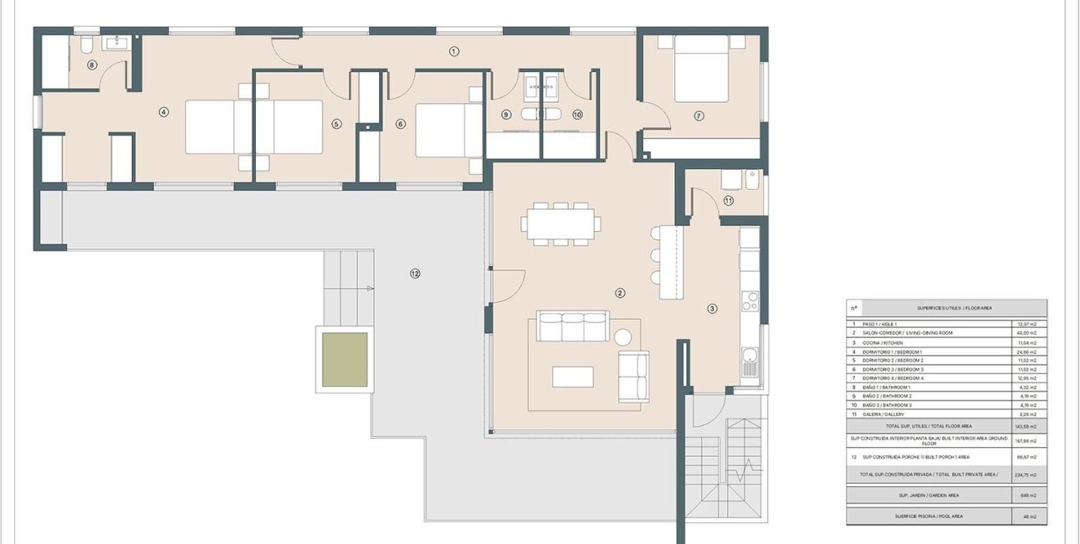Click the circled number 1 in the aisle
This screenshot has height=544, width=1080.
point(454,51)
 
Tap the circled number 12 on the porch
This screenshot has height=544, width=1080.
point(415,273)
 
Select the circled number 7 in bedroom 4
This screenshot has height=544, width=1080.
point(699,115)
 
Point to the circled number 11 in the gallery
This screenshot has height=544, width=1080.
point(729,200)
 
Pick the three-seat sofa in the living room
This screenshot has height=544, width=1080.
point(573,326)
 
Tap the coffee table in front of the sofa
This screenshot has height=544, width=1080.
point(573,377)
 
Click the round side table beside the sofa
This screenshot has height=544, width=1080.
point(623,337)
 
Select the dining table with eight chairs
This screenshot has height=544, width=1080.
point(560,223)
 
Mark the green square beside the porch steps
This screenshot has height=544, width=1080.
point(345,360)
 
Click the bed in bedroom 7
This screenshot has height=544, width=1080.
point(701,67)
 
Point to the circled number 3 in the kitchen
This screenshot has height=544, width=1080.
point(712,308)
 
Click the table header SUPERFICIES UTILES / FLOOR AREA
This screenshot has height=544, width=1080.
point(954,308)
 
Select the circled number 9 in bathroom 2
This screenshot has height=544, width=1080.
point(506,115)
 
